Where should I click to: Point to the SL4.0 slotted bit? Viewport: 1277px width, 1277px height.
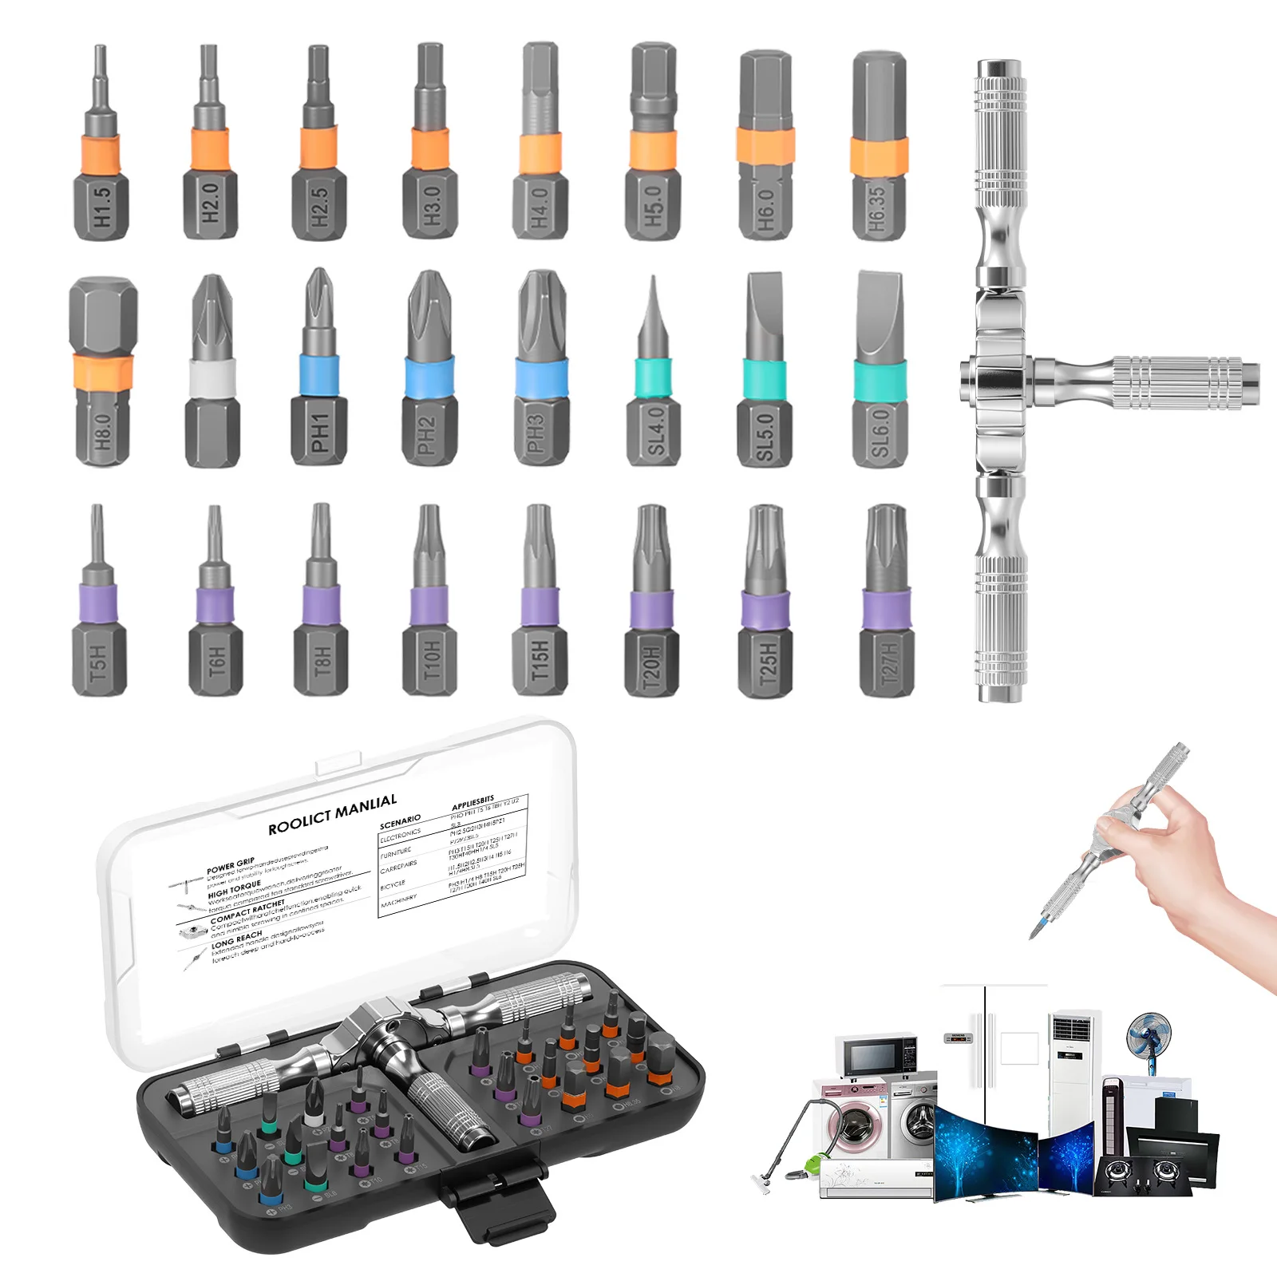(654, 383)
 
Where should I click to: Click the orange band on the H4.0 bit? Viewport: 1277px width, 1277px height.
(540, 154)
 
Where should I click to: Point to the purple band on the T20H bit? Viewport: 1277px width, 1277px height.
(651, 610)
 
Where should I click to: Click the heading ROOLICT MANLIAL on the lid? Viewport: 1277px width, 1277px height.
(332, 815)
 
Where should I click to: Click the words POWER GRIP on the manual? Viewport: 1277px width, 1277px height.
(231, 865)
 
